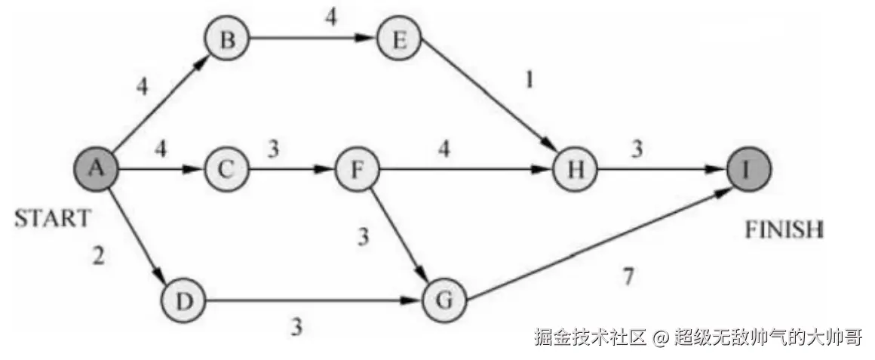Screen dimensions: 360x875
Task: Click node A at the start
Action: click(x=96, y=170)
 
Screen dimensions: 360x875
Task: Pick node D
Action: click(x=183, y=301)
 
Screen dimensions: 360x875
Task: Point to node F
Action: click(x=358, y=170)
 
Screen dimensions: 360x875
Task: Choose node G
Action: click(x=445, y=300)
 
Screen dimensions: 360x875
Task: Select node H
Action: click(x=575, y=170)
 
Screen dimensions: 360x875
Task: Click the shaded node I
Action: click(x=749, y=170)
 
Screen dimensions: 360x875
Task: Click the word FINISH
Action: click(x=784, y=229)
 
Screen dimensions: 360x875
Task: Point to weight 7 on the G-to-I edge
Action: click(x=628, y=276)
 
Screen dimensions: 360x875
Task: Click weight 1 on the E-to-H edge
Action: click(x=529, y=80)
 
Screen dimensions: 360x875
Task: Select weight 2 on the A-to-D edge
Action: click(x=98, y=257)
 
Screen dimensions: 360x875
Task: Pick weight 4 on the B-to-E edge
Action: click(x=330, y=16)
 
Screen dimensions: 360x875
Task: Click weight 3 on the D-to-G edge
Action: click(x=297, y=327)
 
